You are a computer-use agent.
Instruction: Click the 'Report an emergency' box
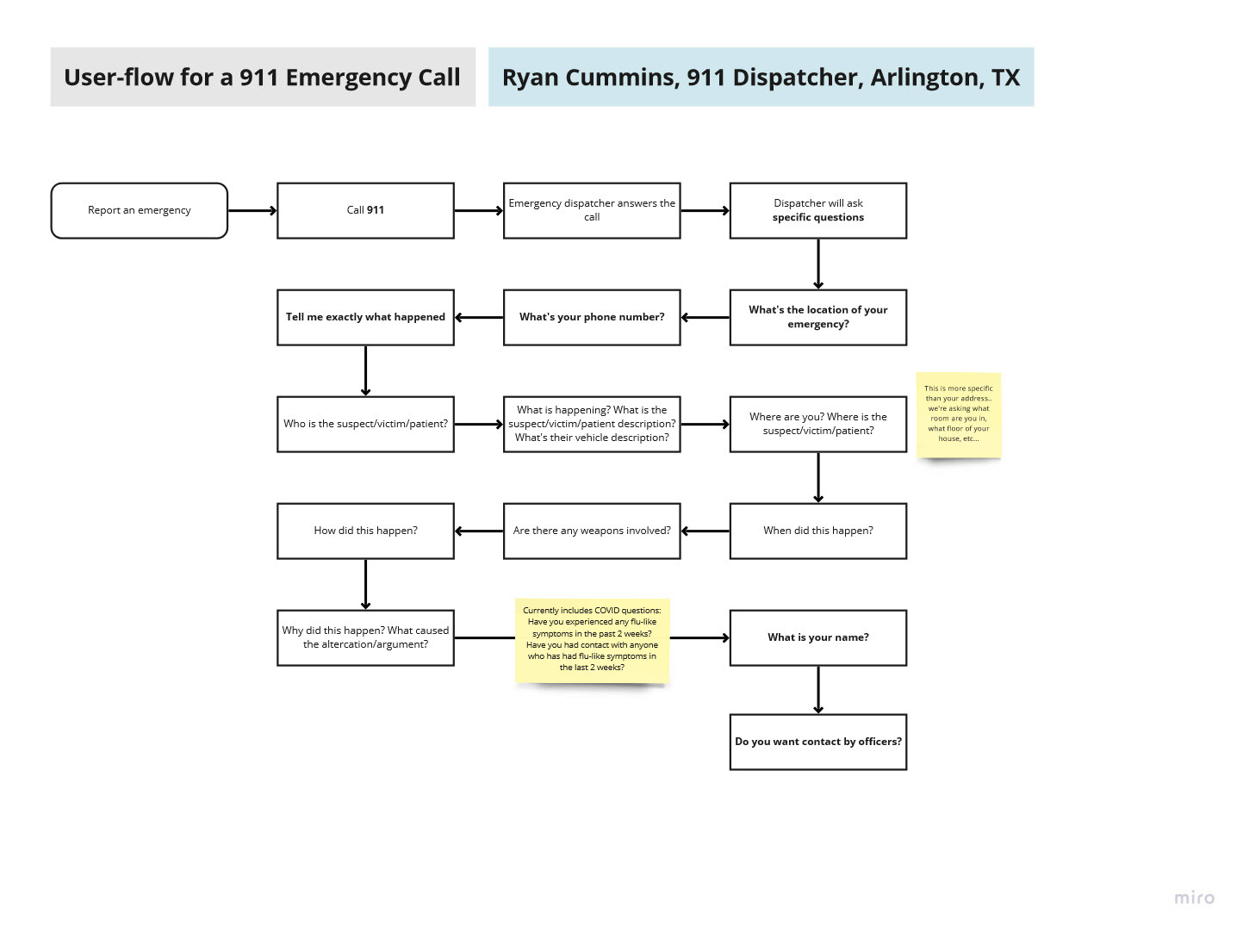(x=139, y=210)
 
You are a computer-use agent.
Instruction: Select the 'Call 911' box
(x=365, y=210)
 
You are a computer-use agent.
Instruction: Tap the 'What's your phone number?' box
(x=592, y=317)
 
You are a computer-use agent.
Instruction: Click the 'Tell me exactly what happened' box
(x=365, y=317)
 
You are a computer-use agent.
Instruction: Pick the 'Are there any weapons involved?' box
(x=592, y=531)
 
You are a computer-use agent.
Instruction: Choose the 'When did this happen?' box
(x=817, y=531)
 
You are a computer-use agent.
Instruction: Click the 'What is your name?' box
(x=817, y=637)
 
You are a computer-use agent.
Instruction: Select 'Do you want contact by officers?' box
(x=817, y=742)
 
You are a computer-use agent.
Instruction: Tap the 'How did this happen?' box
(x=365, y=531)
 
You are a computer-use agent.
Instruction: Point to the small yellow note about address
(x=958, y=414)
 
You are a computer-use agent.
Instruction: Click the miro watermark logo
(x=1194, y=898)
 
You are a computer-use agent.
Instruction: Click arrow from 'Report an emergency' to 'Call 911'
(x=252, y=210)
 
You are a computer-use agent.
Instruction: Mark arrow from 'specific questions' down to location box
(x=817, y=264)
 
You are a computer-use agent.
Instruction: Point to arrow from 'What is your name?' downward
(x=817, y=689)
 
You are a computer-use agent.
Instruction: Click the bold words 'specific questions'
(x=817, y=218)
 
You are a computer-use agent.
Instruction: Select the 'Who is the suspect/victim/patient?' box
(x=365, y=424)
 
